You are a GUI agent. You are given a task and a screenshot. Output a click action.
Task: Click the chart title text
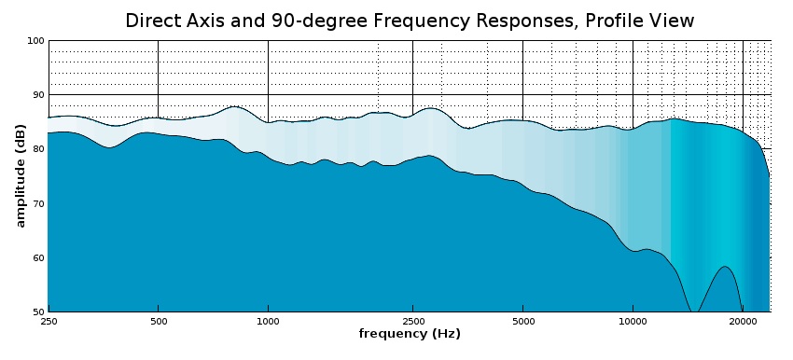[410, 21]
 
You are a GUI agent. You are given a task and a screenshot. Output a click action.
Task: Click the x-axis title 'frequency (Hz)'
[410, 334]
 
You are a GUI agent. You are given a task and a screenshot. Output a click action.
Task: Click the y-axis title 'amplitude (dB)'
[21, 176]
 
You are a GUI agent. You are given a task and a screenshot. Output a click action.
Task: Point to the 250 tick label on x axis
[49, 321]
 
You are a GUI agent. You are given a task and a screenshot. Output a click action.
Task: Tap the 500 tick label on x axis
[158, 321]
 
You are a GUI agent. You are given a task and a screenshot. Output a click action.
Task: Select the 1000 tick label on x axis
[268, 321]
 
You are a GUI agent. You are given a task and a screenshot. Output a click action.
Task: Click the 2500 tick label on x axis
[412, 321]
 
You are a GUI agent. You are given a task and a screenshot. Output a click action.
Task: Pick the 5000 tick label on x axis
[522, 321]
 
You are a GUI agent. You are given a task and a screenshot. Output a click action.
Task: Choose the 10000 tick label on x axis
[633, 321]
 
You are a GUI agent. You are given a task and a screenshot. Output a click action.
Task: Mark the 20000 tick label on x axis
[742, 321]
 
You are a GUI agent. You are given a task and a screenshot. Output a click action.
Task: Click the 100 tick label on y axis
[35, 41]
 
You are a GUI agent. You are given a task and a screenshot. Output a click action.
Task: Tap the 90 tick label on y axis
[37, 95]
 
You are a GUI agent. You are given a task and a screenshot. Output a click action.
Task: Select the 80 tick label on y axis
[37, 149]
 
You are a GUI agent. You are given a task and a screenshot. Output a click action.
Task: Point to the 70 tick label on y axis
[37, 203]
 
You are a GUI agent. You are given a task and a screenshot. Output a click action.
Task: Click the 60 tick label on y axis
[37, 257]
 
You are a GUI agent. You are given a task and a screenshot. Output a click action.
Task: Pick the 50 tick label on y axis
[37, 312]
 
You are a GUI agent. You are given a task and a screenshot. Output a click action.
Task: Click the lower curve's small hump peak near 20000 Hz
[724, 267]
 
